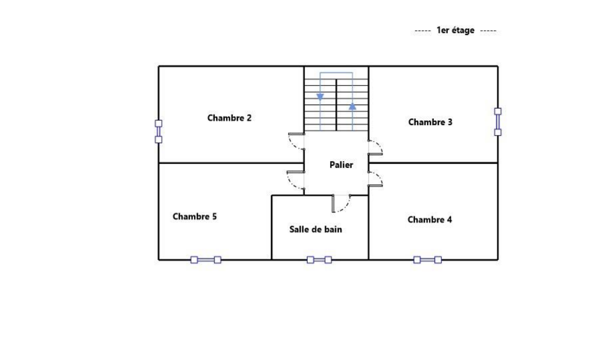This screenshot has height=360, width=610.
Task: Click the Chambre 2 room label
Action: [x=229, y=118]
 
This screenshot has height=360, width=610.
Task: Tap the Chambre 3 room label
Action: [x=430, y=122]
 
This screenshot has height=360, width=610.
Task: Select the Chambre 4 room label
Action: [x=430, y=219]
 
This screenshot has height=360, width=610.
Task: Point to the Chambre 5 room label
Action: [x=195, y=216]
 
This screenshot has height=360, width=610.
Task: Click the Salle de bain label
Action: [x=316, y=229]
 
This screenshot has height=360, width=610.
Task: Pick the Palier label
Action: [x=341, y=165]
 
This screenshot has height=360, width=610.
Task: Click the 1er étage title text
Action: [x=455, y=30]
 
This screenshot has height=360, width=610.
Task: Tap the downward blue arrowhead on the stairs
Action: [x=320, y=97]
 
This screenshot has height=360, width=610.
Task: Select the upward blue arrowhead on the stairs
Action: [x=352, y=106]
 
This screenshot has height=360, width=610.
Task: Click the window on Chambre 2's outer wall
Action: [x=158, y=131]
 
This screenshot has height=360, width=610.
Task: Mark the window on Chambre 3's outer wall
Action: [x=498, y=122]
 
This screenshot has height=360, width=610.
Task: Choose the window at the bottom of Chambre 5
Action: [x=206, y=260]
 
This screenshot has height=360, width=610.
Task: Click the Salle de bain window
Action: [x=319, y=260]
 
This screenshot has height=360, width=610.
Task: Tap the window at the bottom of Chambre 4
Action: [x=428, y=260]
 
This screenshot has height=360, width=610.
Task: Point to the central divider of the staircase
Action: [x=336, y=105]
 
